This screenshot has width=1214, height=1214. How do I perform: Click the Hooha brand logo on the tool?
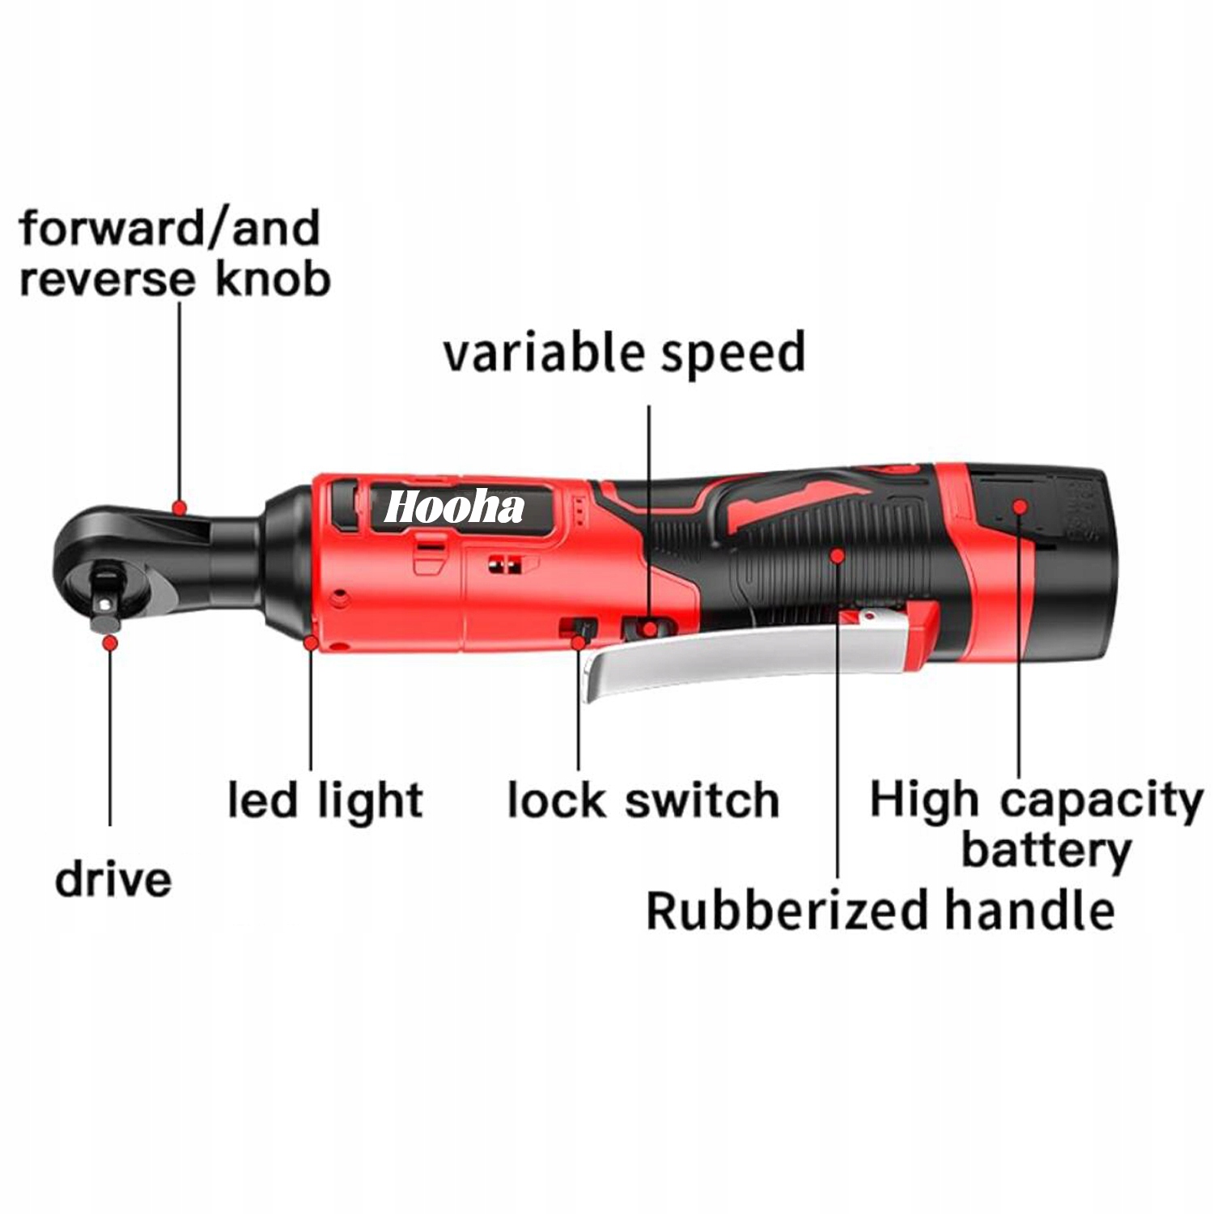coord(454,508)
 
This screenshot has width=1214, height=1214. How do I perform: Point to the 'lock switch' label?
coord(643,800)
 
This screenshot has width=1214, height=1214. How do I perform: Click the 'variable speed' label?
coord(624,353)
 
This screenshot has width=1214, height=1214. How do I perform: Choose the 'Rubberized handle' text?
coord(880,910)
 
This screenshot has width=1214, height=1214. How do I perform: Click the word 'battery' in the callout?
coord(1046,851)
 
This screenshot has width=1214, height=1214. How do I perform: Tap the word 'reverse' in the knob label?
coord(108,279)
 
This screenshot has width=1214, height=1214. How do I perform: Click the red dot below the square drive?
coord(110,643)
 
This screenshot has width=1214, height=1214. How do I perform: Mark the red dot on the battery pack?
coord(1020,507)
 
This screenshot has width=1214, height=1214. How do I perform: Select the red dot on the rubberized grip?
coord(838,555)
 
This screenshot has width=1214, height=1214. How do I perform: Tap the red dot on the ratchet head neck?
coord(180,508)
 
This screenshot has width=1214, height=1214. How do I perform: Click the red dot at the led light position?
coord(311,643)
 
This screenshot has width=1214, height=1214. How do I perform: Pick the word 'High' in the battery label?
coord(923,800)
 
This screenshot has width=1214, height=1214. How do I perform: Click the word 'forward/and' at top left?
coord(169,228)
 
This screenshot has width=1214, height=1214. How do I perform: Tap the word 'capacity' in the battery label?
coord(1101,800)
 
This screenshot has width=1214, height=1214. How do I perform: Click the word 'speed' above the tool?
coord(732,353)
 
